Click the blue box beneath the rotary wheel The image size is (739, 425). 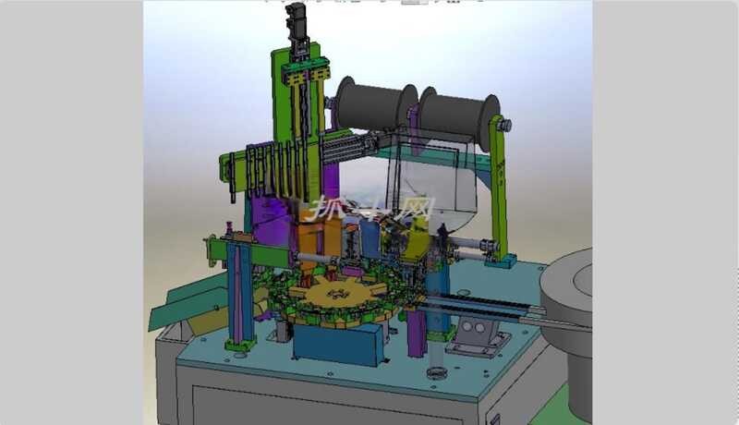337,345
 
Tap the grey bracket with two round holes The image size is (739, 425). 477,335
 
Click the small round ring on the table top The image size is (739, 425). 436,374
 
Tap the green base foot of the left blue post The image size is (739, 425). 240,344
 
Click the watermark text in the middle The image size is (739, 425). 369,209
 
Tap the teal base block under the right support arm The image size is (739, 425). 500,262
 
